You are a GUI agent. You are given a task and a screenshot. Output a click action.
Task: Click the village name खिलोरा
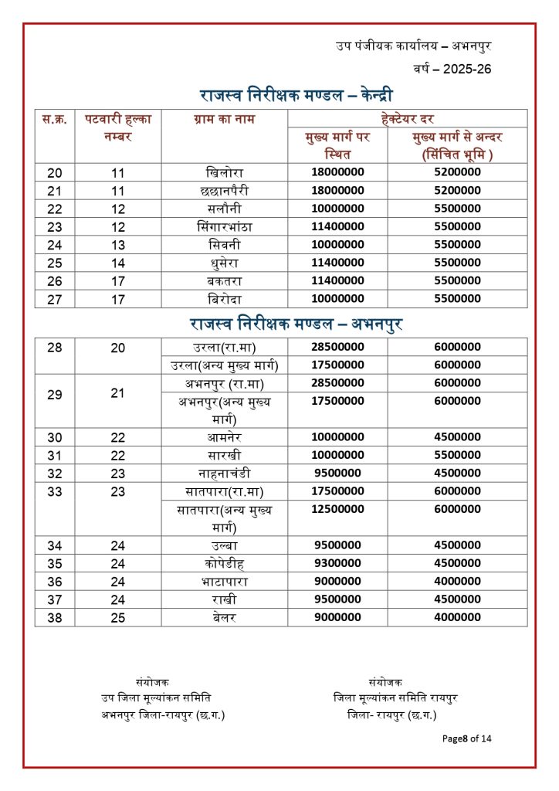point(225,172)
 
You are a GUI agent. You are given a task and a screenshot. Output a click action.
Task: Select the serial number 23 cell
point(55,226)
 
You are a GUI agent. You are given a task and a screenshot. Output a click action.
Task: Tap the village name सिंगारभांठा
point(225,226)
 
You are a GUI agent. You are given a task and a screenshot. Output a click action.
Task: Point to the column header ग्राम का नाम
point(225,119)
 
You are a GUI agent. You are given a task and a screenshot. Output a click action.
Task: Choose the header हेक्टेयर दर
point(407,119)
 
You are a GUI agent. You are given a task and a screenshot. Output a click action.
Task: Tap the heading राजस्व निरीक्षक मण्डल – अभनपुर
point(296,324)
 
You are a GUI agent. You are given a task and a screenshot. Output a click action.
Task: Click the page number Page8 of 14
point(466,738)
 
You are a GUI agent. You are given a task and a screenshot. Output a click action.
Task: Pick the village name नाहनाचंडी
point(225,473)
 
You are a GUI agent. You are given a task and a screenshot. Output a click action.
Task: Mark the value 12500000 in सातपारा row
point(337,509)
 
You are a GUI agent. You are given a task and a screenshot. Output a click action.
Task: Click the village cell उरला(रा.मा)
point(225,347)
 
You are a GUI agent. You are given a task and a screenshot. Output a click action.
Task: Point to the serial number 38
point(55,617)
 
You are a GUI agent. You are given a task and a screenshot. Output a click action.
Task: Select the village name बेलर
point(225,617)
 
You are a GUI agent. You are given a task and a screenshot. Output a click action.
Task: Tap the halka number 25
point(117,617)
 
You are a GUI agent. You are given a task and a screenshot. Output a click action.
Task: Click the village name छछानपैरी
point(225,190)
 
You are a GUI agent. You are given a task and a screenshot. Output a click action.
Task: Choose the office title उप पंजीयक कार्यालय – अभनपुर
point(414,46)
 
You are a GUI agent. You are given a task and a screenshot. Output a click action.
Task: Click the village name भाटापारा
point(225,581)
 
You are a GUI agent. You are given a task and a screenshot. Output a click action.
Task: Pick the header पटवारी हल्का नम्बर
point(117,127)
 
